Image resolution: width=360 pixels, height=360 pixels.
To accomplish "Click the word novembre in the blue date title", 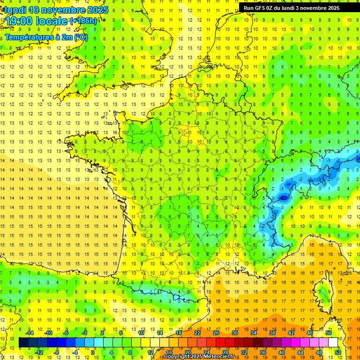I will [x=57, y=10].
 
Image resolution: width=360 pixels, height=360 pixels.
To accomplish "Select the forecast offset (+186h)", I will [x=83, y=21].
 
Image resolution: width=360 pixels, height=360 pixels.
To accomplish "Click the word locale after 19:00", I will [x=55, y=21].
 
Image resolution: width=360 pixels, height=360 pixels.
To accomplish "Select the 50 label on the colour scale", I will [x=328, y=333].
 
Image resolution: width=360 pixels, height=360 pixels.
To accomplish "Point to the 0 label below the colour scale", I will [x=93, y=352].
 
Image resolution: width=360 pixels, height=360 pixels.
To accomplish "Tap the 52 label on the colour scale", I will [x=338, y=352].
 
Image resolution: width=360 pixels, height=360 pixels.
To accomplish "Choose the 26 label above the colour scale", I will [x=216, y=333].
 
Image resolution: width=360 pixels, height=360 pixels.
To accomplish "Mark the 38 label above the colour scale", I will [x=272, y=333].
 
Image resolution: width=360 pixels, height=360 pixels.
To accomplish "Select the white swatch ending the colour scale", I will [x=333, y=343].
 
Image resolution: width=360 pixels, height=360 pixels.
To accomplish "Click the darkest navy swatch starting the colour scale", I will [x=23, y=343].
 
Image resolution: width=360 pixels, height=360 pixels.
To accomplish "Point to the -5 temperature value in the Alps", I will [x=283, y=198].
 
